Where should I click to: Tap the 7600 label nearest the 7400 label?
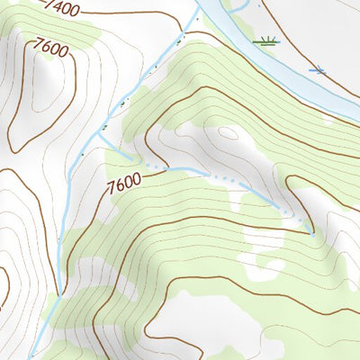[50, 47]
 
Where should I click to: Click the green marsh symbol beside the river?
[265, 40]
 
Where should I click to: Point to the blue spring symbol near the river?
[316, 69]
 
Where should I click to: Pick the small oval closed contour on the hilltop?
[227, 135]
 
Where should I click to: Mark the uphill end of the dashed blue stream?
[311, 232]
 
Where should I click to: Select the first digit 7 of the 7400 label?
[46, 7]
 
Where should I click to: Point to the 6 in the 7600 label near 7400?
[46, 45]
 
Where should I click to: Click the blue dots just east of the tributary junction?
[157, 167]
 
